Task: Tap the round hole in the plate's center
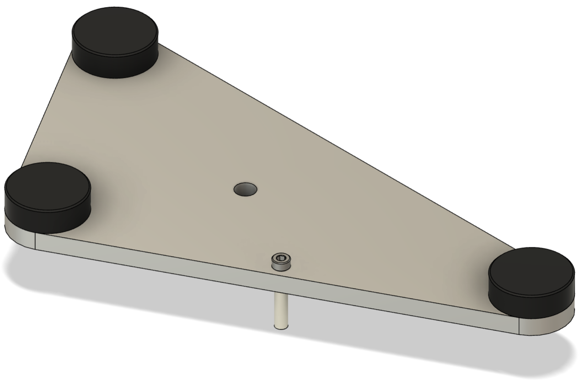pos(246,189)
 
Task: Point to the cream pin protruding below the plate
pos(280,311)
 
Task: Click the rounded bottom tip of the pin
pos(280,326)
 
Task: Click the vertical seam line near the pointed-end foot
pos(519,326)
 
